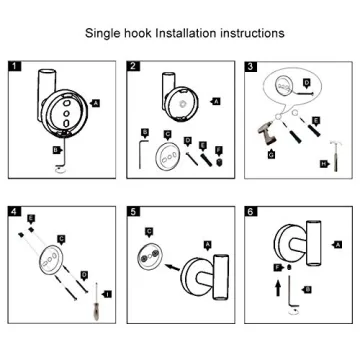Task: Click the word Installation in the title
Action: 186,33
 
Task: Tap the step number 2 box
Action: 133,68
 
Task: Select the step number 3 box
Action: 251,68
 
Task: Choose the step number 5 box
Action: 133,212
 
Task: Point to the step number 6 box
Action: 251,212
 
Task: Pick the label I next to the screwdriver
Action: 107,293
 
